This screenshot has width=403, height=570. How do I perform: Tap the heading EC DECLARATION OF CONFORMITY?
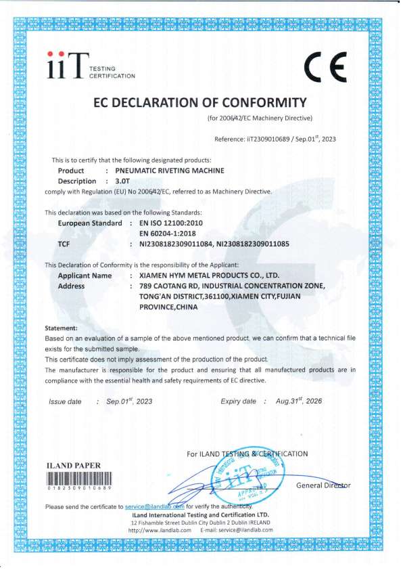click(199, 103)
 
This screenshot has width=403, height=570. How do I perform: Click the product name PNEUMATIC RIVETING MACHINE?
click(170, 171)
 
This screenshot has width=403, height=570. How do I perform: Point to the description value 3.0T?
click(122, 181)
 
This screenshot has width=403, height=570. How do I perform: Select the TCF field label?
click(65, 242)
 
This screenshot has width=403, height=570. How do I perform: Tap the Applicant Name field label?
click(85, 276)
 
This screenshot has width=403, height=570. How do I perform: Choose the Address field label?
click(72, 286)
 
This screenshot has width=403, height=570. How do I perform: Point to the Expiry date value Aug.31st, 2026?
click(299, 401)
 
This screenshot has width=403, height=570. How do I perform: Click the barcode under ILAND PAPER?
click(79, 477)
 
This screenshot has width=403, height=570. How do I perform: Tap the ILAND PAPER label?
click(72, 466)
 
